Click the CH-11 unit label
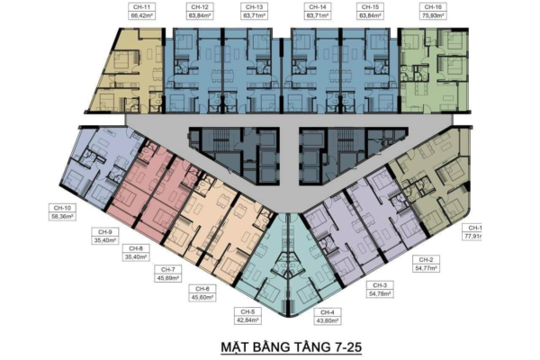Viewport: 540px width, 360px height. coord(139,7)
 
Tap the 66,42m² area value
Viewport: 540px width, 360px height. coord(139,15)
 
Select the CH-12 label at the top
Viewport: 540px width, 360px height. coord(198,7)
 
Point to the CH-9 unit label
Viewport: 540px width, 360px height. coord(105,232)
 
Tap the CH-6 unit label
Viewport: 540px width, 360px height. coord(201,288)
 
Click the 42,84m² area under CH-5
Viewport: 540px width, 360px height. coord(247,319)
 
